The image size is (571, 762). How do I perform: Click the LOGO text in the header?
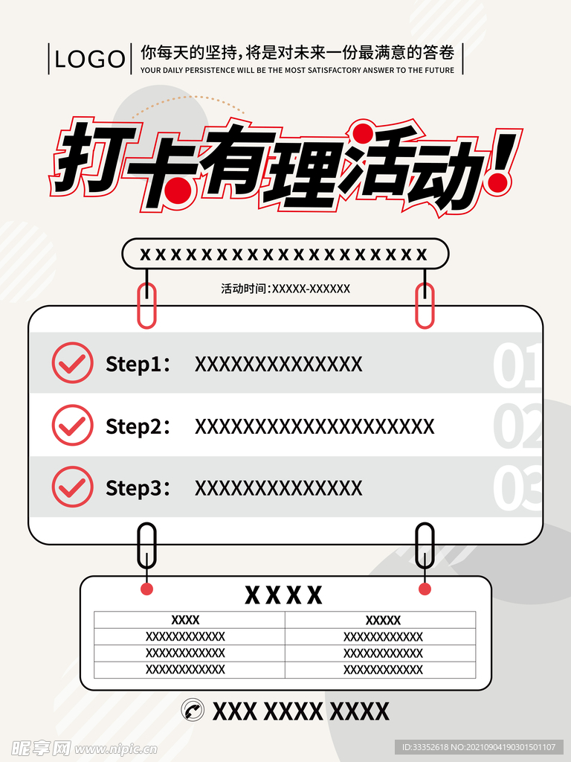[90, 59]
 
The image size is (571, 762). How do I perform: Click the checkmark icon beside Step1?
[72, 363]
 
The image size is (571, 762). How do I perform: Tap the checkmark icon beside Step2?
[72, 426]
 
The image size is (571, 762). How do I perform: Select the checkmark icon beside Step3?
[72, 487]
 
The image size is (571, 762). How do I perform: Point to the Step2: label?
[138, 426]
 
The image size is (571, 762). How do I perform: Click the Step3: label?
[138, 488]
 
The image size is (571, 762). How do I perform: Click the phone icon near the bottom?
[193, 711]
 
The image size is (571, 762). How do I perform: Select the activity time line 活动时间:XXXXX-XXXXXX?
[285, 289]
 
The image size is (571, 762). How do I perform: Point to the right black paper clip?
[425, 547]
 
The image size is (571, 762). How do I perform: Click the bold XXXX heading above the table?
[284, 595]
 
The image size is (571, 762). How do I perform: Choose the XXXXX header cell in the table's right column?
[383, 620]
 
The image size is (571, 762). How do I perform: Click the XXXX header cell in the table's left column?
[185, 620]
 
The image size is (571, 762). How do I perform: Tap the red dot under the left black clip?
[146, 589]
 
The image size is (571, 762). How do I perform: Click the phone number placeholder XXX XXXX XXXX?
[300, 711]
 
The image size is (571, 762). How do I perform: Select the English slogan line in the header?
[297, 70]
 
